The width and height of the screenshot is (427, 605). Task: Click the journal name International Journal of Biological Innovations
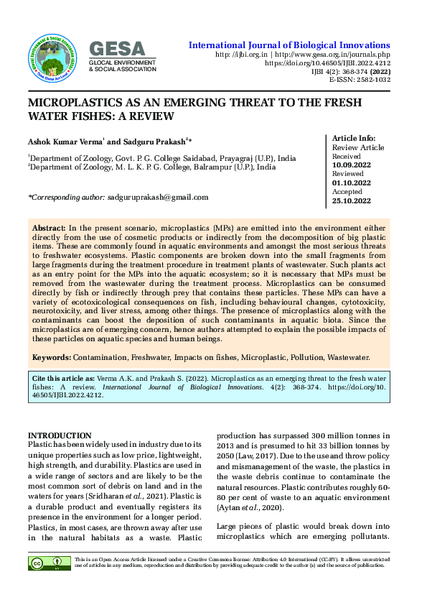point(289,45)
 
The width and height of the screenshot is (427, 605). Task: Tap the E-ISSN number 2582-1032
point(372,80)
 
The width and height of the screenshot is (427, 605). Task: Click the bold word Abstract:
point(49,227)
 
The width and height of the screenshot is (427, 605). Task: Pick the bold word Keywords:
point(51,357)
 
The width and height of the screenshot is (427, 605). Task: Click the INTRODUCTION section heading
point(60,436)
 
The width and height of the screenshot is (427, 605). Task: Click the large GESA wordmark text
point(117,49)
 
